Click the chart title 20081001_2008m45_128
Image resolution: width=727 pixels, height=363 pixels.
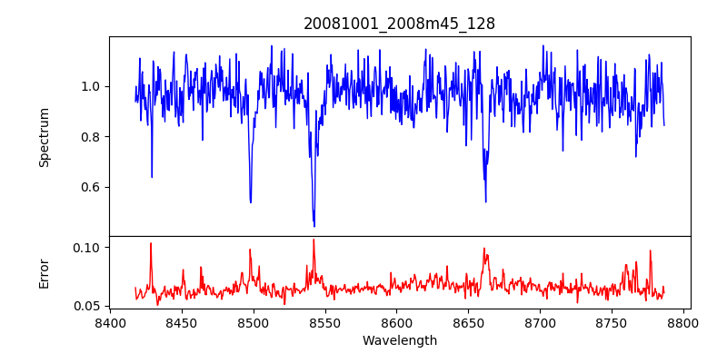click(x=399, y=24)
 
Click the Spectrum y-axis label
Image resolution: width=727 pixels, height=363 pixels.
click(x=45, y=137)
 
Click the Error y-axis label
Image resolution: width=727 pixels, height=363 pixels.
click(x=45, y=272)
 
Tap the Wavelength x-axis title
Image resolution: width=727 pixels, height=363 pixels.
click(x=399, y=341)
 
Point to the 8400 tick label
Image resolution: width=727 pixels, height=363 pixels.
click(x=110, y=323)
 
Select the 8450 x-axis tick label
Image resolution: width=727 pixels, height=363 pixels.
click(x=182, y=323)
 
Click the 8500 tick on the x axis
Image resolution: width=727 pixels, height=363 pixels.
click(x=254, y=323)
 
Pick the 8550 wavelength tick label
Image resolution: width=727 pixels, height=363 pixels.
click(x=325, y=323)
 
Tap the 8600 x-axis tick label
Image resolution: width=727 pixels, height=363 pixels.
click(x=397, y=323)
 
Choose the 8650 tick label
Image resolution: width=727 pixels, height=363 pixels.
click(x=469, y=323)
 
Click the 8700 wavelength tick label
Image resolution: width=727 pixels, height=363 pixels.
click(x=541, y=323)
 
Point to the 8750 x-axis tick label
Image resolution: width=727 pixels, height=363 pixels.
click(x=612, y=323)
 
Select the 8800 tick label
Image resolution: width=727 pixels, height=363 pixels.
click(x=684, y=323)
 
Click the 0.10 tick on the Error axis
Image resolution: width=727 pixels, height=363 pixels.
click(x=88, y=248)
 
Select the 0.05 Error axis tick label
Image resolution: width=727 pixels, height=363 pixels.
click(x=88, y=307)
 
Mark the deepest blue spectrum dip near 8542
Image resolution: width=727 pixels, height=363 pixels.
click(x=314, y=225)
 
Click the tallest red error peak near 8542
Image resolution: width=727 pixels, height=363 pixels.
click(x=314, y=240)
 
